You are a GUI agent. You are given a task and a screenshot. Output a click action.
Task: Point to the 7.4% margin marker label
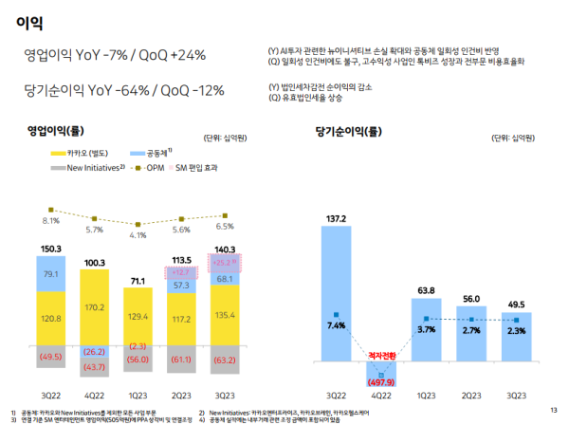point(337,325)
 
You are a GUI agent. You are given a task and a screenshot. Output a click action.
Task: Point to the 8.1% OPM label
point(51,221)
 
